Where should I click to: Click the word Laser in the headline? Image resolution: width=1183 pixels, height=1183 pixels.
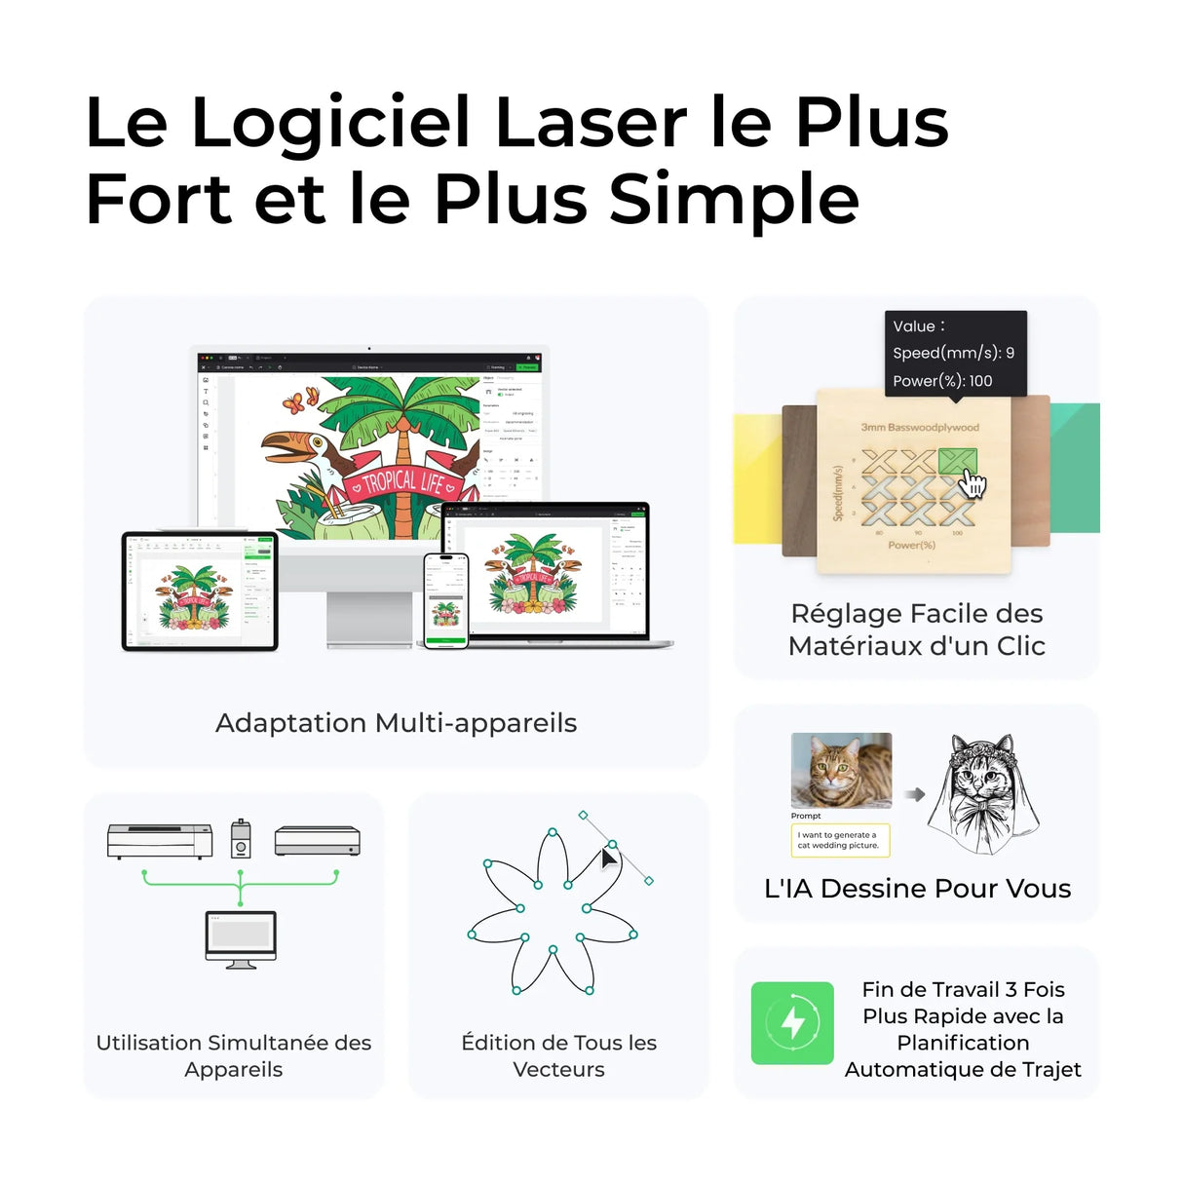click(x=591, y=123)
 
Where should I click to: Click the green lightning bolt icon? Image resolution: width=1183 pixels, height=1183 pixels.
click(x=792, y=1022)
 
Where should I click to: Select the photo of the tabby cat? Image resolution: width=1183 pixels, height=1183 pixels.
click(x=841, y=771)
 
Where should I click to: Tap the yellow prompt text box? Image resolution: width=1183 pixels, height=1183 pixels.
click(x=840, y=840)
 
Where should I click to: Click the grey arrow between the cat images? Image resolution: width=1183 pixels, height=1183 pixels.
click(x=914, y=794)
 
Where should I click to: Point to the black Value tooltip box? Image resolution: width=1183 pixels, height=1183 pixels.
click(x=955, y=353)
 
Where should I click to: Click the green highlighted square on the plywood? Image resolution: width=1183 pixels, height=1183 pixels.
click(x=957, y=461)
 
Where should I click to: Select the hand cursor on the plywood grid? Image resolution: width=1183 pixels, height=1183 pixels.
click(x=973, y=482)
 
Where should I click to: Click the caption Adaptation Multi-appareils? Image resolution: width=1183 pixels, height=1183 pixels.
click(x=396, y=723)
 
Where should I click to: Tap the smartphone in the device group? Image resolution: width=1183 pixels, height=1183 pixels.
click(x=446, y=600)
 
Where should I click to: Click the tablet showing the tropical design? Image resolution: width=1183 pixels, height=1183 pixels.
click(x=200, y=591)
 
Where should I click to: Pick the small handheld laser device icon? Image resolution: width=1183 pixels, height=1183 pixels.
click(x=241, y=838)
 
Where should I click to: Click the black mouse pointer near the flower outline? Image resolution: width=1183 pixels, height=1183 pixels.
click(x=609, y=859)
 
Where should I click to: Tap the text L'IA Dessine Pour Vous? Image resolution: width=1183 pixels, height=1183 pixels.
click(x=917, y=889)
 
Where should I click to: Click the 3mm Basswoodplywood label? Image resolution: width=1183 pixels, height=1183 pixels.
click(x=920, y=427)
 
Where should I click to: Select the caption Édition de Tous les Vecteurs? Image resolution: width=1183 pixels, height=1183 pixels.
click(x=558, y=1055)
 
